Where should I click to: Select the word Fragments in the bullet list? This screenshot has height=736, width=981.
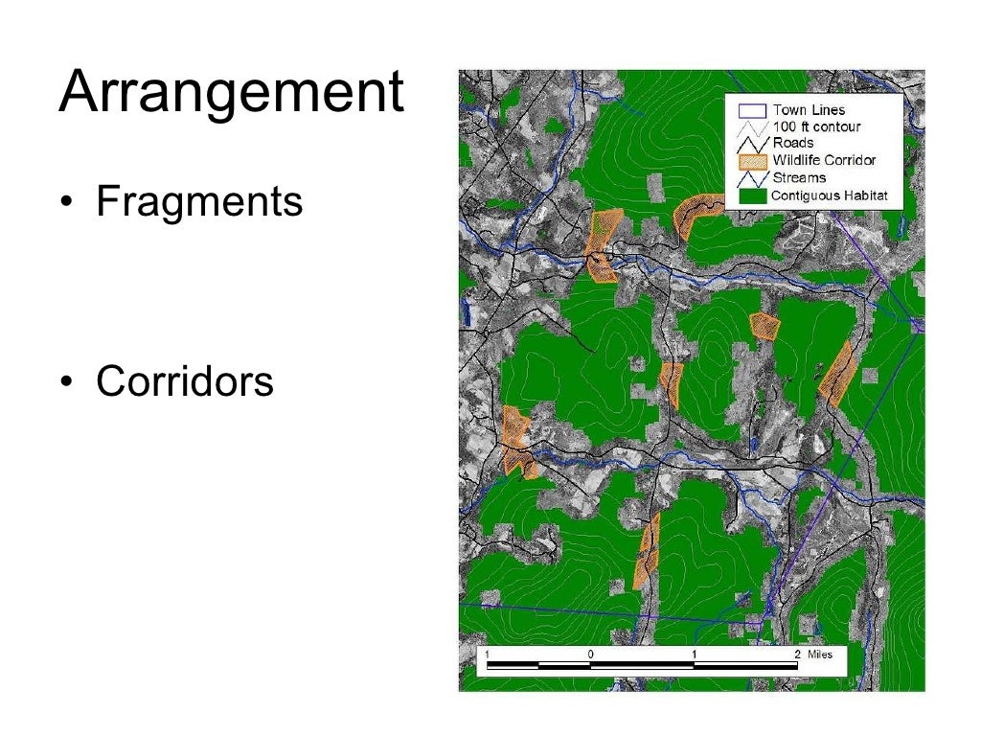(199, 202)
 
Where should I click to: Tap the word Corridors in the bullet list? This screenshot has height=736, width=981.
(185, 381)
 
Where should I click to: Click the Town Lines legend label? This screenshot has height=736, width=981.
(809, 110)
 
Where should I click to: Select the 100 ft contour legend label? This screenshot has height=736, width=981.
(816, 126)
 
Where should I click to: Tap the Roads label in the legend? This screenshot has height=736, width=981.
(793, 143)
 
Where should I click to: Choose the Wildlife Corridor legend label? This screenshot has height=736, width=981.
(824, 160)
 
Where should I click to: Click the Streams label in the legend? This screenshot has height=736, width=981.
(799, 177)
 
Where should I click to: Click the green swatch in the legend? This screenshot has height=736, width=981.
(751, 195)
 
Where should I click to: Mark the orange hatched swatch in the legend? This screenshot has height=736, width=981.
(751, 160)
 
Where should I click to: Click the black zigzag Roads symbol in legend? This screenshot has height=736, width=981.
(751, 143)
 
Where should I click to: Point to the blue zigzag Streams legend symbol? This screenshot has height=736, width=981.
(751, 177)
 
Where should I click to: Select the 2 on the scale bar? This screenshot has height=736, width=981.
(797, 654)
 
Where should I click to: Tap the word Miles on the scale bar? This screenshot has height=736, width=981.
(820, 654)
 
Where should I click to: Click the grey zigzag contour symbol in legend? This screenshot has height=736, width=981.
(751, 126)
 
